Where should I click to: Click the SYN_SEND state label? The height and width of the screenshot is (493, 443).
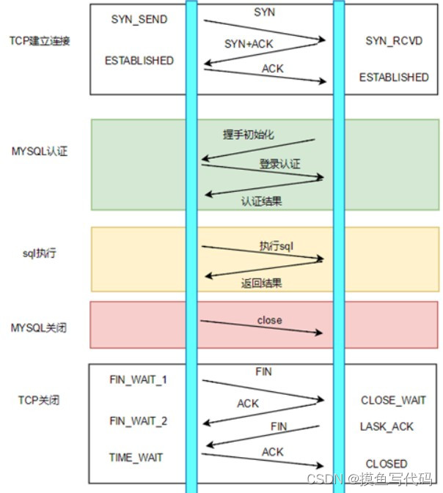(x=139, y=19)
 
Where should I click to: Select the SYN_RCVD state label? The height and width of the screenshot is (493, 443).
(x=394, y=41)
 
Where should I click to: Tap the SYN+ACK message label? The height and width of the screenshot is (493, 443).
(x=249, y=44)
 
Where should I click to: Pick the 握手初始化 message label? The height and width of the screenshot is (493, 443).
(x=249, y=135)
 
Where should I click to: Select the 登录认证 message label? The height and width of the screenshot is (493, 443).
(x=279, y=164)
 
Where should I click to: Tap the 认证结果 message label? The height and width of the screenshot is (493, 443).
(x=261, y=201)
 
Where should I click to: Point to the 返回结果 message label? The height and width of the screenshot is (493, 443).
(x=261, y=283)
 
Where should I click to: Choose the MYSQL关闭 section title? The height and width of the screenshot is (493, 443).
(x=40, y=327)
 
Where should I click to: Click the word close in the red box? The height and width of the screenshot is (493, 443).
(x=269, y=320)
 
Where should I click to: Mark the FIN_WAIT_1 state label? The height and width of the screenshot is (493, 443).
(x=138, y=379)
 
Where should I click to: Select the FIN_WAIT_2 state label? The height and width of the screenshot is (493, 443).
(x=138, y=421)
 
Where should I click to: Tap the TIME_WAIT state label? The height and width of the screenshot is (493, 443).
(x=136, y=457)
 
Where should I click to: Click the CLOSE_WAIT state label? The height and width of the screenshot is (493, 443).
(x=393, y=401)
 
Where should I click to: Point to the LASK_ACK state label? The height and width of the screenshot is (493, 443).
(x=387, y=426)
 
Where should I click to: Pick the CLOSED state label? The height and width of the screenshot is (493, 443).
(x=387, y=464)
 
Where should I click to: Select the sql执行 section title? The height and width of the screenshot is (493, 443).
(x=40, y=253)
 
